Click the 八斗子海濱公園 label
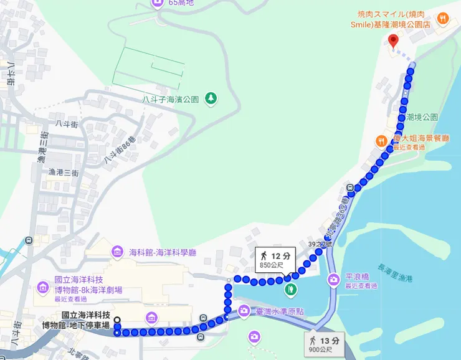[x=170, y=99]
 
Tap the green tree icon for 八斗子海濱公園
[x=211, y=98]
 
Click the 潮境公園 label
[x=422, y=117]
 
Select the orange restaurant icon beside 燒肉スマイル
[x=443, y=18]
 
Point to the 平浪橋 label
[x=357, y=277]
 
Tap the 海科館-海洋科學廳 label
[x=163, y=252]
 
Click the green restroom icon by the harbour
[x=290, y=289]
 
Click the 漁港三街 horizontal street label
[x=64, y=172]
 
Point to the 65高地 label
[x=182, y=3]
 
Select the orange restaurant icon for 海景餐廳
[x=381, y=140]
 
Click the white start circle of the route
[x=117, y=321]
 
